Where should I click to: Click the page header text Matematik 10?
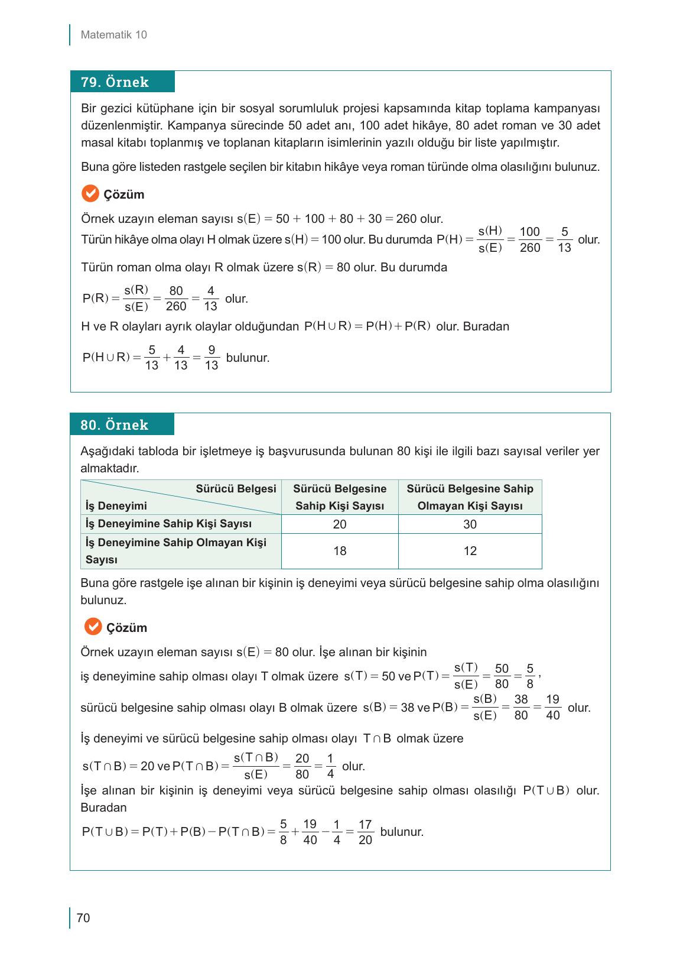113,35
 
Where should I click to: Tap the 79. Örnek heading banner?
122,82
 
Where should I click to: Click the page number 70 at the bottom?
83,918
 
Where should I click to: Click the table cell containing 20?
340,524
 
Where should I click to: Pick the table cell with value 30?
470,524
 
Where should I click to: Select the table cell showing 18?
340,551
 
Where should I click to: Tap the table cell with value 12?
470,551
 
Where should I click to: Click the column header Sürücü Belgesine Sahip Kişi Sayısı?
340,497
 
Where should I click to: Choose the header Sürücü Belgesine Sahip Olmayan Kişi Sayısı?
470,497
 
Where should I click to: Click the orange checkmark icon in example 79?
90,194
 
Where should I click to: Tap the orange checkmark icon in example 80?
93,627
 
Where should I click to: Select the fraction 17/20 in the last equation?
365,832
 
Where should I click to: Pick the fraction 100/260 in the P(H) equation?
530,240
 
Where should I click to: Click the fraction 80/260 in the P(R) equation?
176,299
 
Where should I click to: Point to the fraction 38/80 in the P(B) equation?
520,708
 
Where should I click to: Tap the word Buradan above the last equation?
103,807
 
